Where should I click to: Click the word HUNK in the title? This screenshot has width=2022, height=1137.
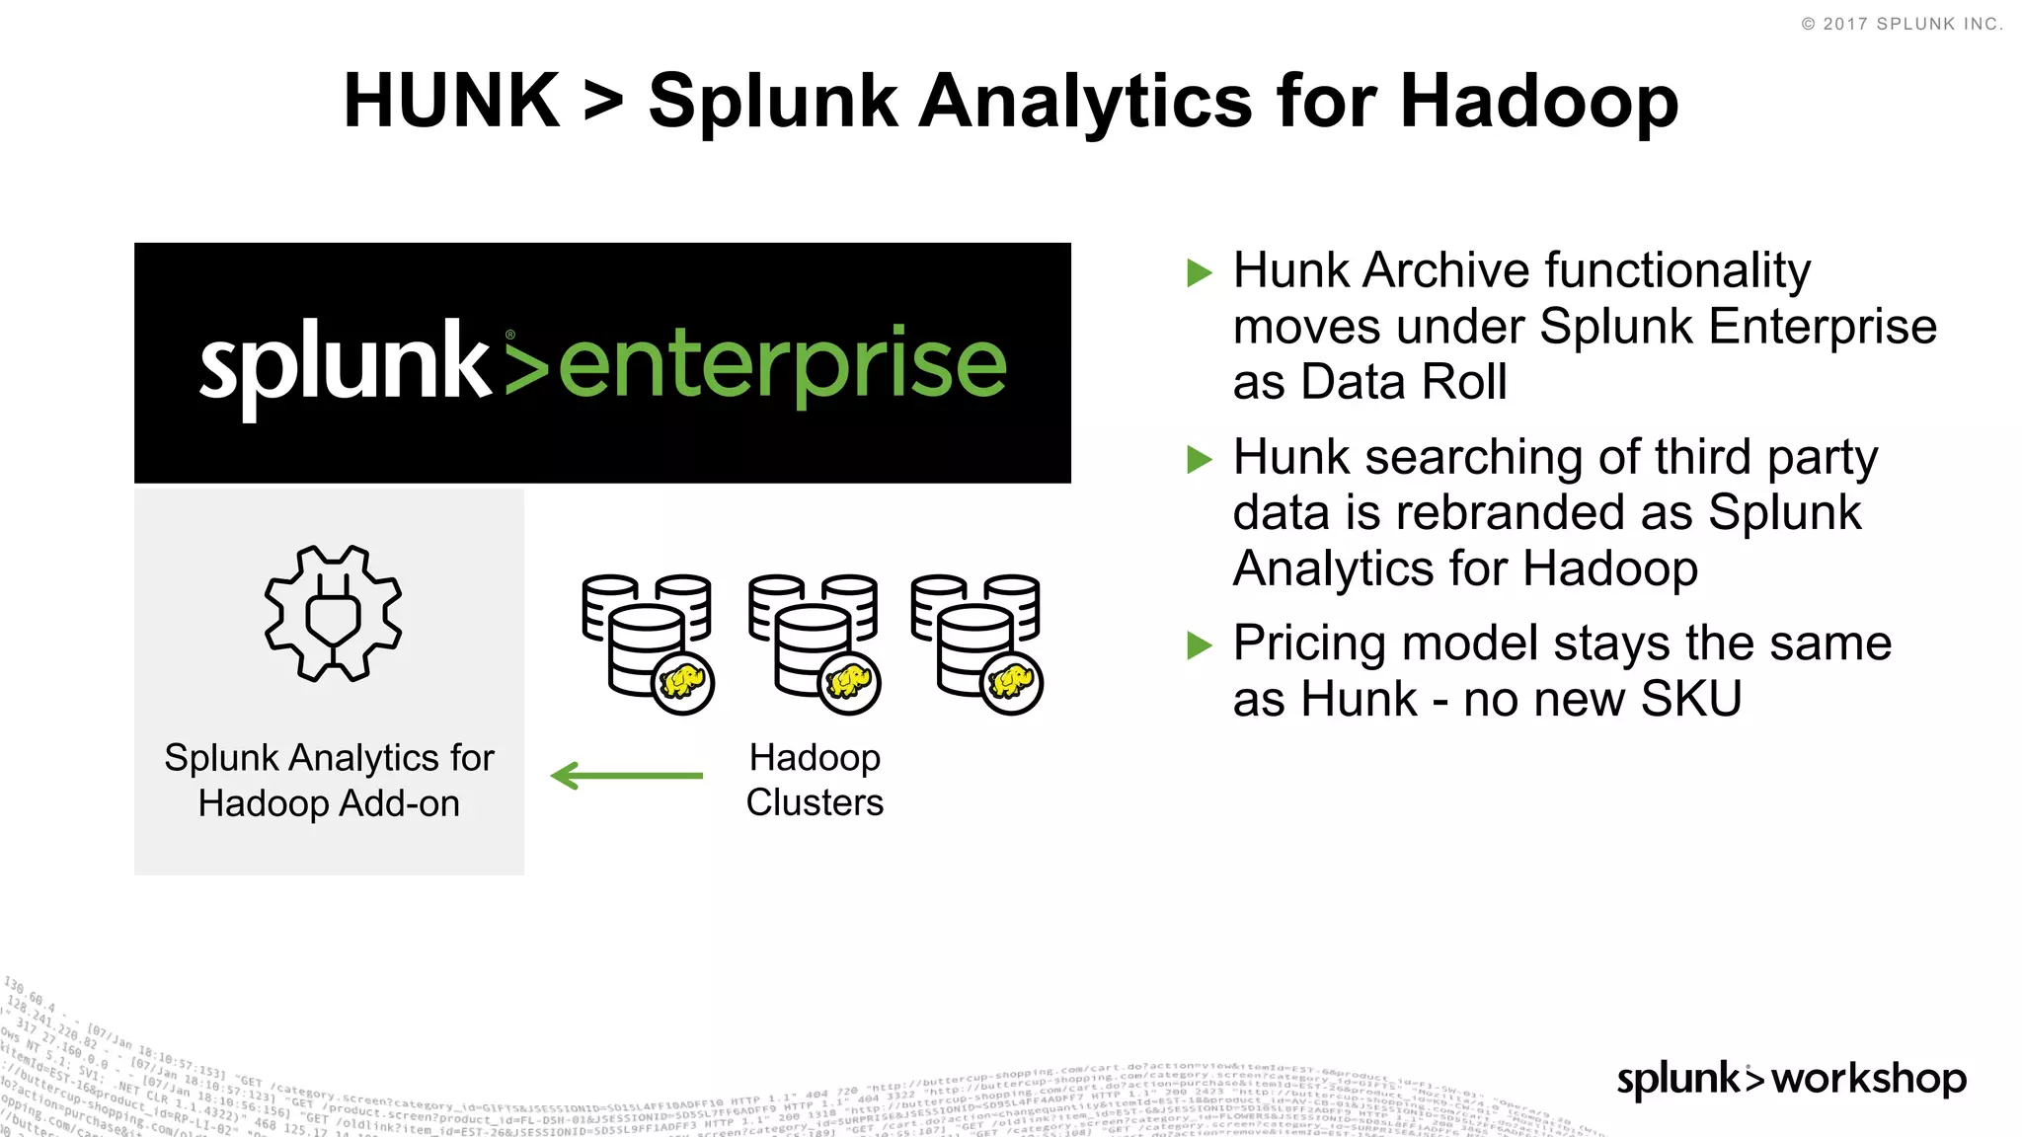[x=451, y=101]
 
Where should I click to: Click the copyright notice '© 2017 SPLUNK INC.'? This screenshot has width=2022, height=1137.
[x=1902, y=24]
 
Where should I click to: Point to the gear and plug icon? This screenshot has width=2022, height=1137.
[x=333, y=613]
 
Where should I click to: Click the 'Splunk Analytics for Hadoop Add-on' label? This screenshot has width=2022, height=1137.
[x=329, y=780]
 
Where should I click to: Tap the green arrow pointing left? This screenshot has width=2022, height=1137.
[x=627, y=776]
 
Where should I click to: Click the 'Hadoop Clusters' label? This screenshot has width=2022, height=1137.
[x=815, y=780]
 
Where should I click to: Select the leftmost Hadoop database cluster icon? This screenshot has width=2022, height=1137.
[x=647, y=642]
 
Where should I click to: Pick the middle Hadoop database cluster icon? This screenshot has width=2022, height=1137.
[x=814, y=642]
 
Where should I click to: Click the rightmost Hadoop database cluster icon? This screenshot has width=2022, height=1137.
[x=976, y=642]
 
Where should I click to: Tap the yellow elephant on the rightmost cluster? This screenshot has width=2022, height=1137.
[x=1012, y=682]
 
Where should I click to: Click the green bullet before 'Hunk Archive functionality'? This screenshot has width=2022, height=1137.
[x=1200, y=272]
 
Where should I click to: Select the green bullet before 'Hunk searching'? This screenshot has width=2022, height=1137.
[x=1200, y=459]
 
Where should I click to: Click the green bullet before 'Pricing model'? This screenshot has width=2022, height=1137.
[x=1200, y=645]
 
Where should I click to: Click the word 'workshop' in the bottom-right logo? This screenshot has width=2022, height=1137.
[x=1868, y=1078]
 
